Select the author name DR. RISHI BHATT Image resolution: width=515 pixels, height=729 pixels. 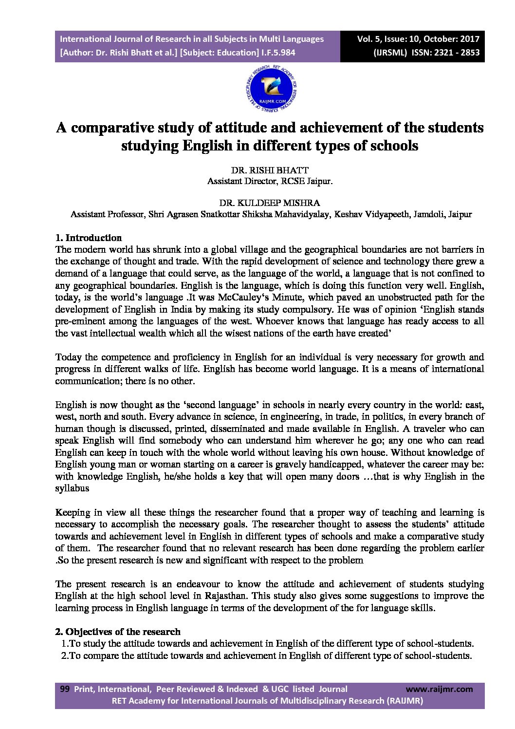pyautogui.click(x=270, y=170)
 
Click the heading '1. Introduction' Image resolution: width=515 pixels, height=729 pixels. pyautogui.click(x=89, y=238)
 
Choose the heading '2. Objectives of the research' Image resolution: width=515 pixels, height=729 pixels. pyautogui.click(x=118, y=632)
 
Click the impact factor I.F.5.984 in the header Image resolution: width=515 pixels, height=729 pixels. pyautogui.click(x=277, y=53)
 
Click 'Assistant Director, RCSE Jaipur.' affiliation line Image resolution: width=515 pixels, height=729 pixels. pyautogui.click(x=270, y=181)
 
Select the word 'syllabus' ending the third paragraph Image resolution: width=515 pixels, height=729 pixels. pyautogui.click(x=72, y=488)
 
